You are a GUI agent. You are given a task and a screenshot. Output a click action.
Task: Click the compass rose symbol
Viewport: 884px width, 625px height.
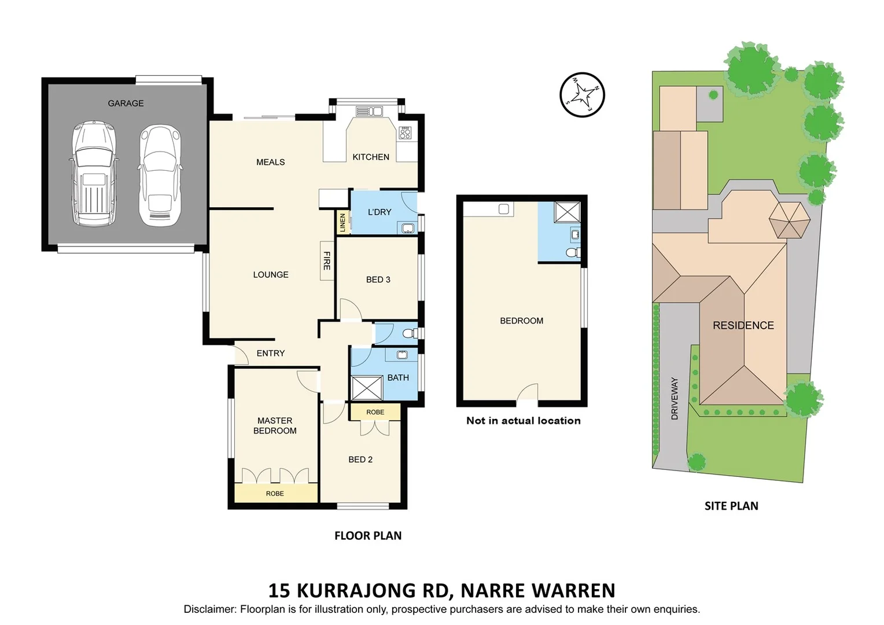coord(582,94)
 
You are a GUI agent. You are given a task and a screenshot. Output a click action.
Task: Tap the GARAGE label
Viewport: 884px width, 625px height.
coord(126,104)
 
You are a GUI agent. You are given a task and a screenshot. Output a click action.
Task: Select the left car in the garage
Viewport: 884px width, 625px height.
coord(94,173)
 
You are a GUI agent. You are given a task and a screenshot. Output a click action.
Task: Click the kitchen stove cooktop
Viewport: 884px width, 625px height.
coord(405,133)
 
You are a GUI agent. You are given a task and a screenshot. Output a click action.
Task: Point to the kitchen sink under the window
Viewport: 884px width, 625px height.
coord(369,111)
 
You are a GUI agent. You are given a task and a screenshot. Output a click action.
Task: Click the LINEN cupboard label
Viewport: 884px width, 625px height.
coord(342,223)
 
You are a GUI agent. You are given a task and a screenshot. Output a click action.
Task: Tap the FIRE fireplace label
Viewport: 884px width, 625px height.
coord(327,261)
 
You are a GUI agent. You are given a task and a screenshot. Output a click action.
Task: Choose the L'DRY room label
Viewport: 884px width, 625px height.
coord(380,212)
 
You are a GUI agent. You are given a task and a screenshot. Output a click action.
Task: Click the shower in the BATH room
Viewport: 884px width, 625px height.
coord(367,388)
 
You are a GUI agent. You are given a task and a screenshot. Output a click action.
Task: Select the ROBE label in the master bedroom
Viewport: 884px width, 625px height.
coord(275,494)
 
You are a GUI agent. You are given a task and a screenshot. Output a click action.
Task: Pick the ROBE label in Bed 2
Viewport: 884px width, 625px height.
coord(375,412)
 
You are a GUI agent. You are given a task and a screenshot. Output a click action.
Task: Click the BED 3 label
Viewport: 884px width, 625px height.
coord(378,280)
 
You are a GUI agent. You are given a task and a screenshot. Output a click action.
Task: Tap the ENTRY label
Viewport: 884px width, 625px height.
coord(271,353)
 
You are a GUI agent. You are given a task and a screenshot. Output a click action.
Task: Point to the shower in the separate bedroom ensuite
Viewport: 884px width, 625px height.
coord(567,212)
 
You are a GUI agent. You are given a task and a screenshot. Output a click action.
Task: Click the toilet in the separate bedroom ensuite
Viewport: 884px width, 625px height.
coord(573,252)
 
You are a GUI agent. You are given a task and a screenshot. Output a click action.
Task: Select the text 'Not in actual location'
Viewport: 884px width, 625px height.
coord(523,421)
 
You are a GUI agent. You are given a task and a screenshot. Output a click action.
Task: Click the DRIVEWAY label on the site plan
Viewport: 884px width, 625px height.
coord(675,398)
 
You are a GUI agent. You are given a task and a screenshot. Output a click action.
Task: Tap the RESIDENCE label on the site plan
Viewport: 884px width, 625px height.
coord(743,326)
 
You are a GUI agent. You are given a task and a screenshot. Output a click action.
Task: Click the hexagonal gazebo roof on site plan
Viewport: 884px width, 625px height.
coord(789,219)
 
